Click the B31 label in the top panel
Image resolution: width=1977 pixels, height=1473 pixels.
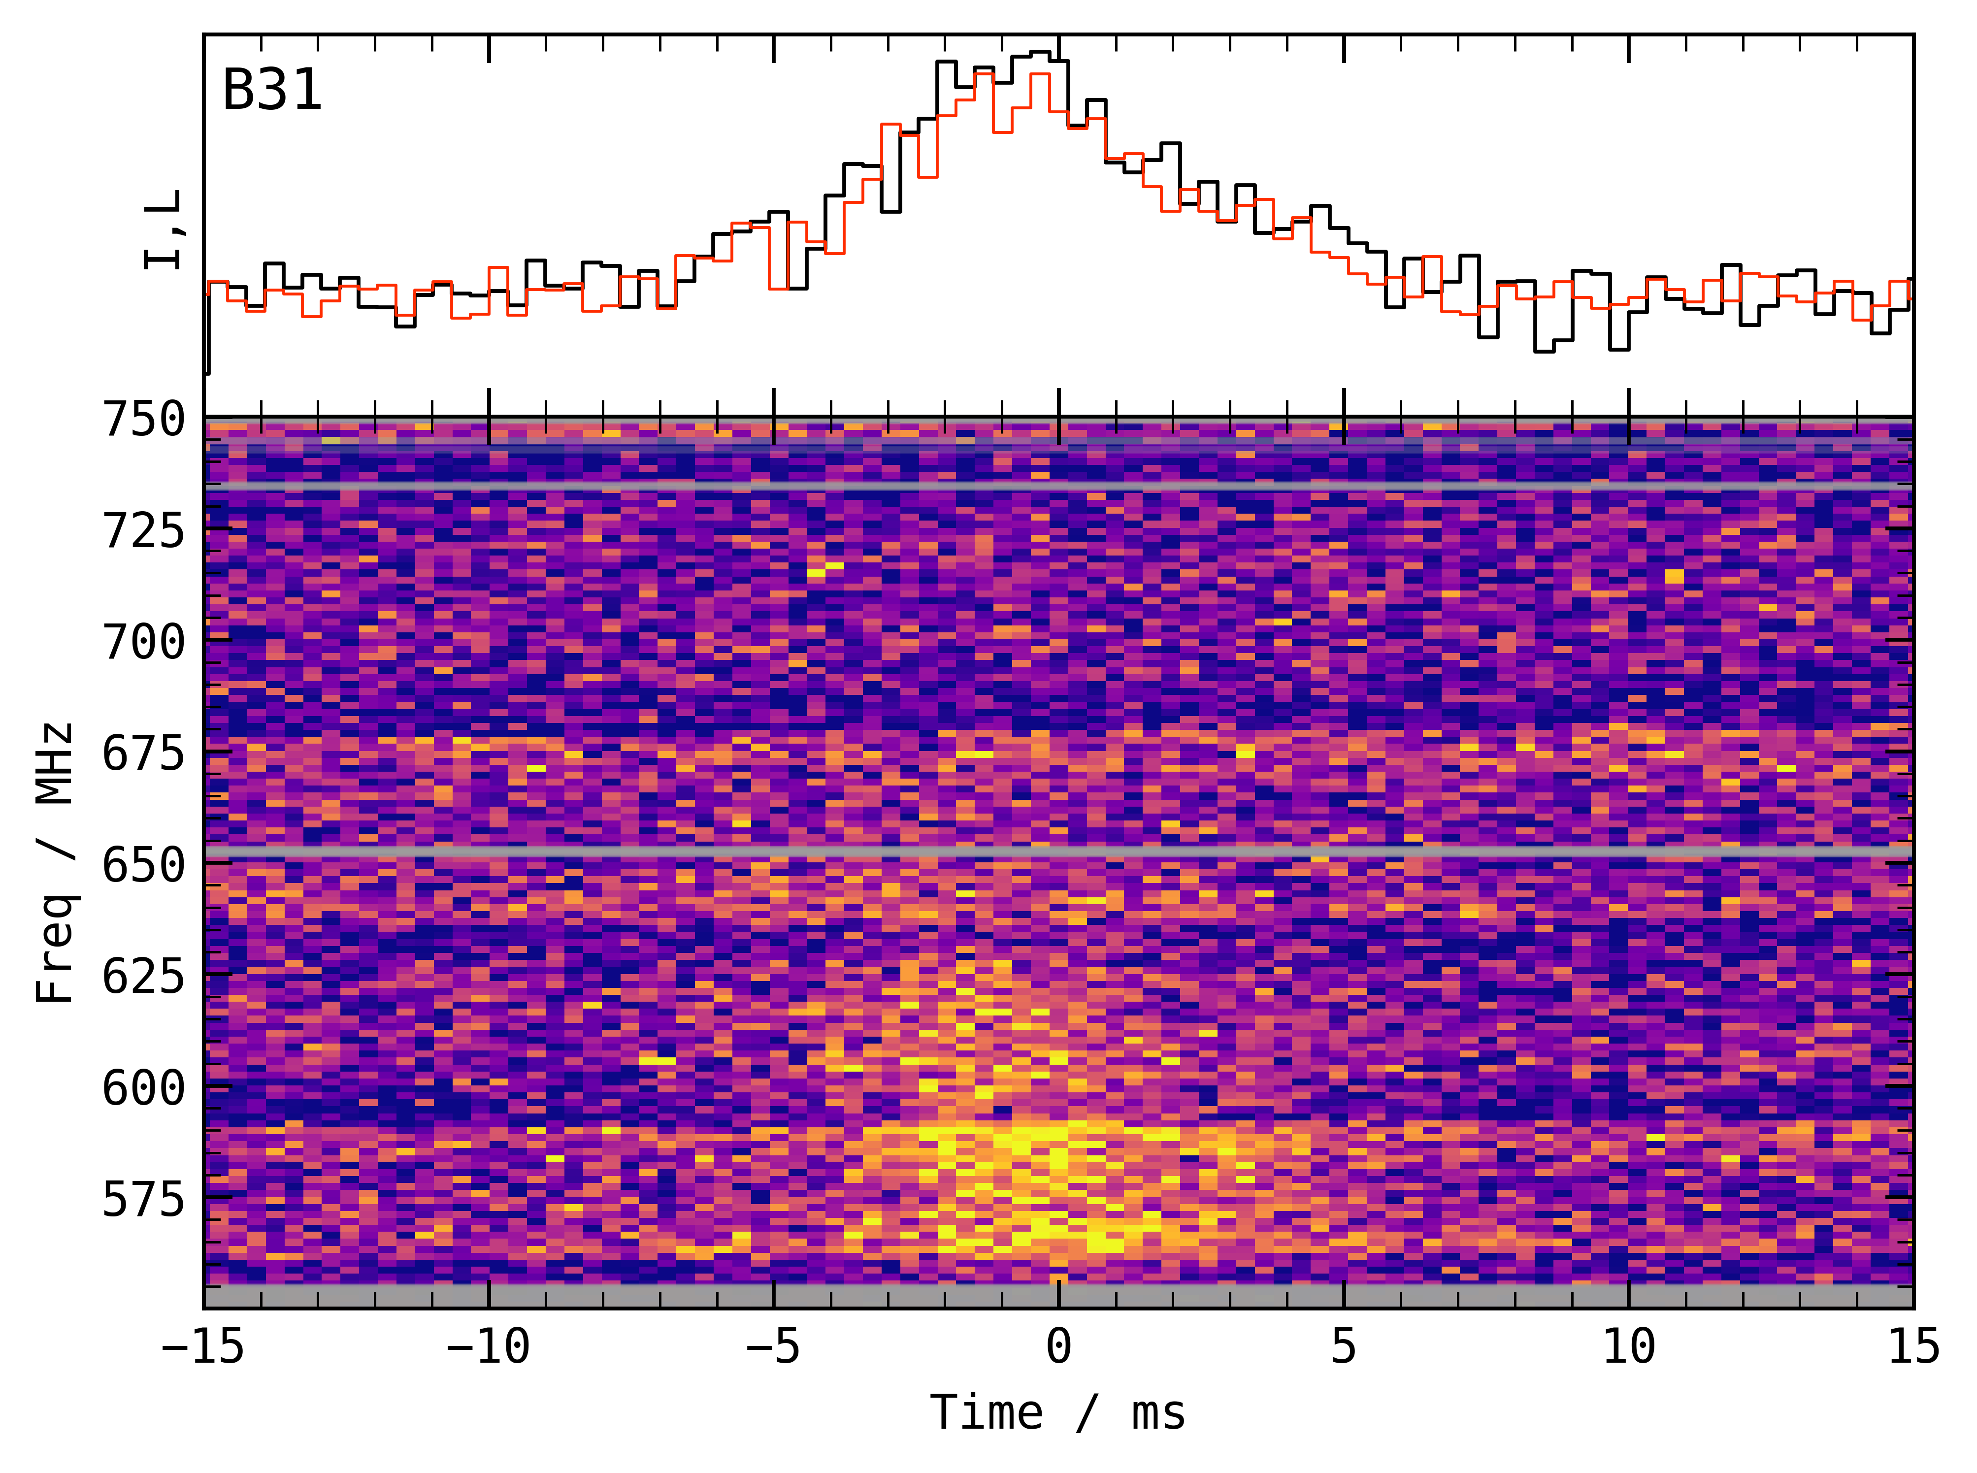click(272, 91)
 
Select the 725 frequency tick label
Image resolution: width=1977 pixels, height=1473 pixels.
click(143, 531)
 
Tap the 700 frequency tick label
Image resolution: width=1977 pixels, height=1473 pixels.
click(143, 642)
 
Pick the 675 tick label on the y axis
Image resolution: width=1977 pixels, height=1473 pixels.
click(143, 753)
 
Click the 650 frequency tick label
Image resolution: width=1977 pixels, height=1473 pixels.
click(143, 865)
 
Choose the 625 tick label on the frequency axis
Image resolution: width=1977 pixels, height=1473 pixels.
click(143, 977)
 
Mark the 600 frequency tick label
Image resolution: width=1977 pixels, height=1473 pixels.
click(143, 1088)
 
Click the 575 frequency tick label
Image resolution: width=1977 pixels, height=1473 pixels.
click(143, 1199)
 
